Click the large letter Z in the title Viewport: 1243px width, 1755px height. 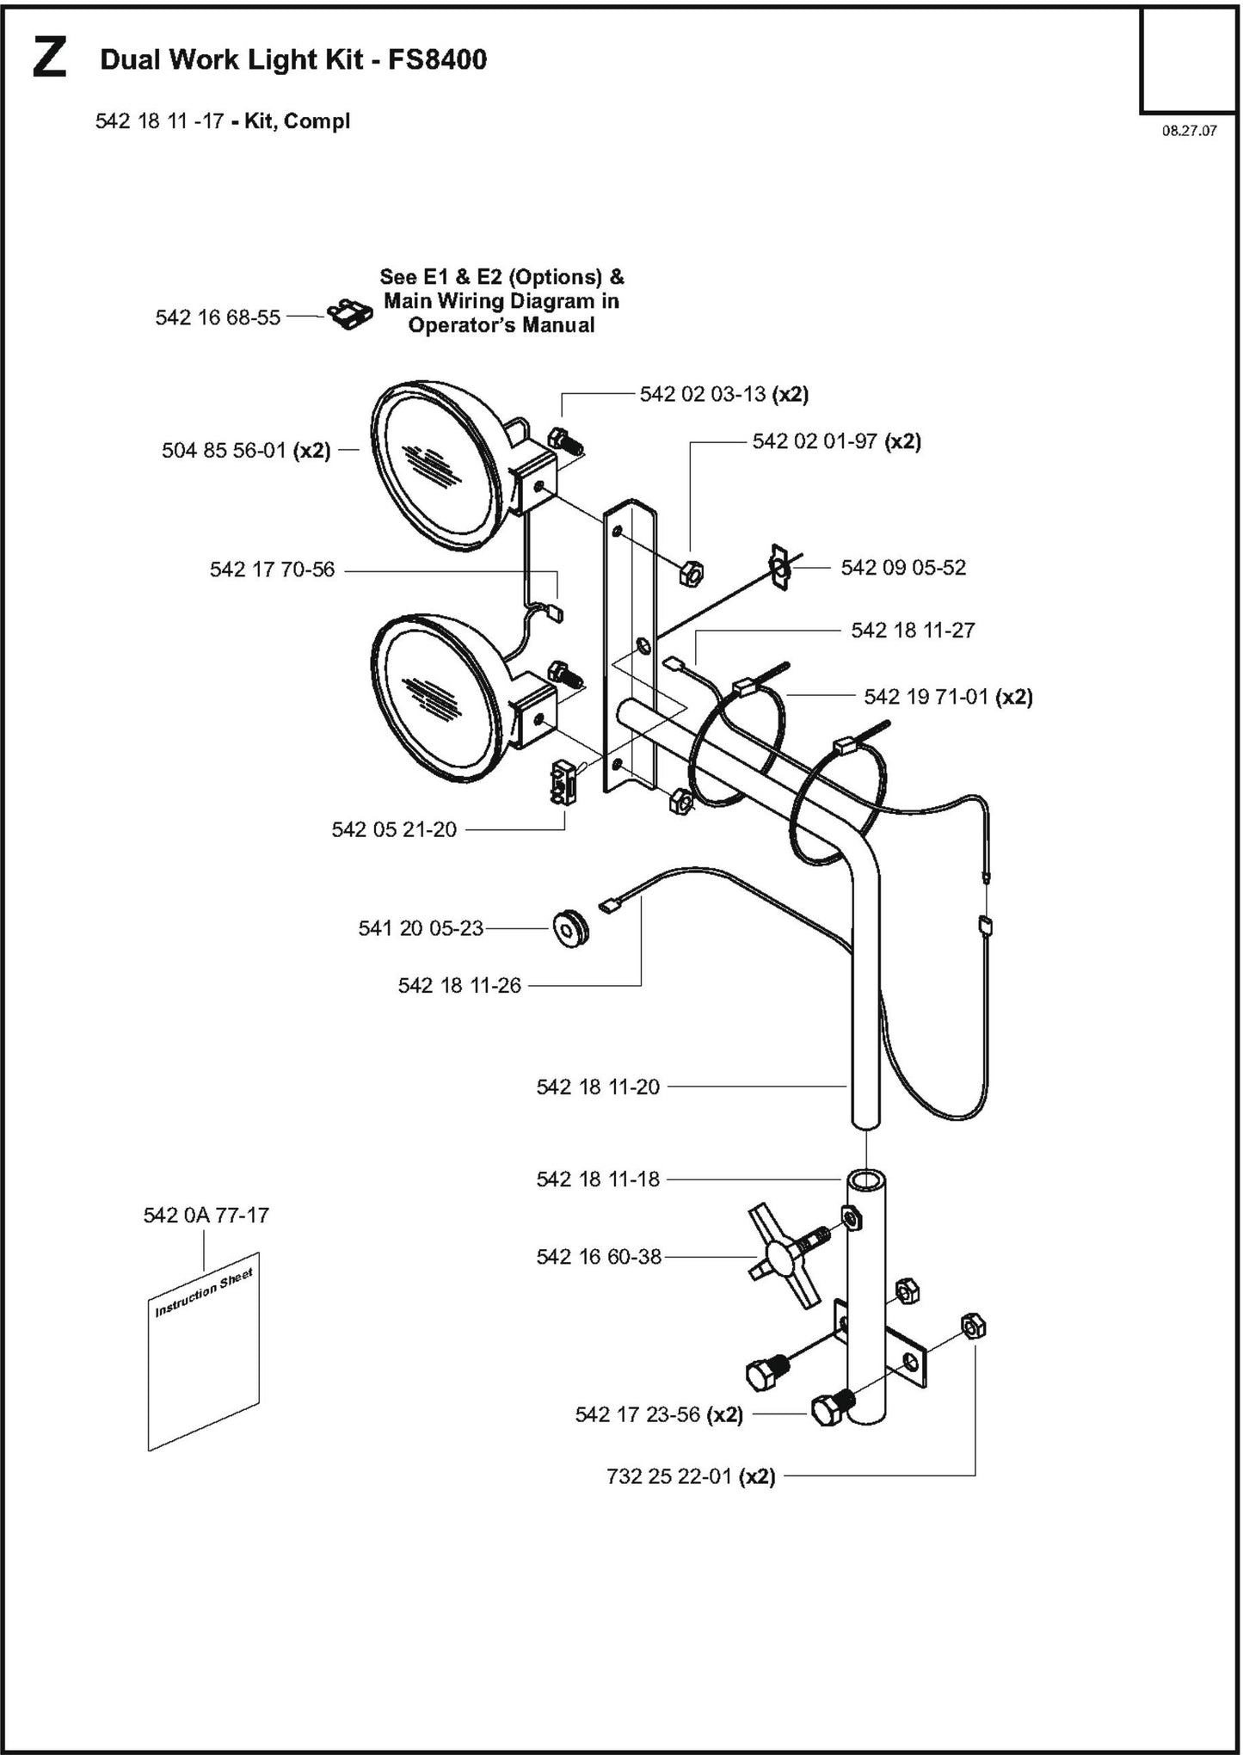(49, 59)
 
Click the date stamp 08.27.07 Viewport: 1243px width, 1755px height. (1189, 132)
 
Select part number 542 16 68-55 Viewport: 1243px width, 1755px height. (218, 317)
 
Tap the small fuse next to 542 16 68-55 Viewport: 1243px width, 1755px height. (349, 316)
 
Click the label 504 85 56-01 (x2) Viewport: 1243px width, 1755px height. (246, 450)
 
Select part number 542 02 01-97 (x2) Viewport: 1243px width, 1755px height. (836, 441)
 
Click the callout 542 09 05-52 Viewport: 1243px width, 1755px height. (903, 567)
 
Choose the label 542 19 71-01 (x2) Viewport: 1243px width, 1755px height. (948, 696)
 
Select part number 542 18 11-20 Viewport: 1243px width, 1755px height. (598, 1087)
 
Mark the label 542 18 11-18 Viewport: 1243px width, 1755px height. (598, 1179)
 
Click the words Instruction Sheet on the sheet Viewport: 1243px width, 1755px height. (203, 1293)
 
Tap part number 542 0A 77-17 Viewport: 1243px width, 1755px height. (206, 1215)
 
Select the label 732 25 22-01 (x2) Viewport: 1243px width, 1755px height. (691, 1476)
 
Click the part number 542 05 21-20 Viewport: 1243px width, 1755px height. (394, 829)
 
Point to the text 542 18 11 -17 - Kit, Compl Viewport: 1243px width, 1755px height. (222, 121)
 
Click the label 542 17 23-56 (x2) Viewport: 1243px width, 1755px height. (658, 1414)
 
